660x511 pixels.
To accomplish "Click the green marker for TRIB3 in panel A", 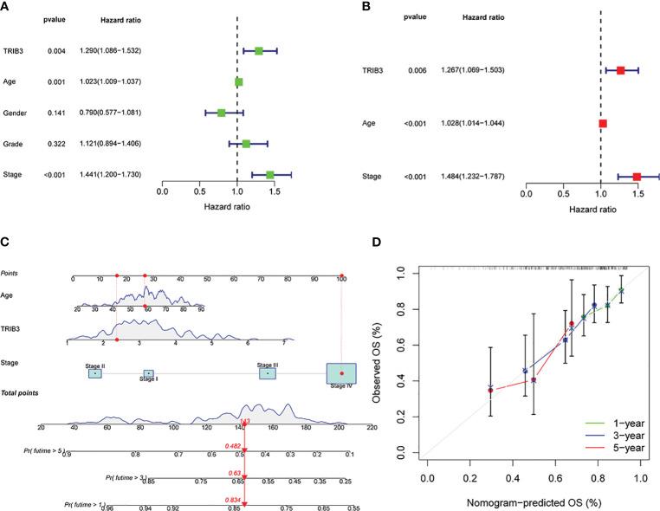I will pos(258,51).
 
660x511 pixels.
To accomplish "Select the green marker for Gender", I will pos(222,113).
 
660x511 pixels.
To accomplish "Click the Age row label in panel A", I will pos(16,82).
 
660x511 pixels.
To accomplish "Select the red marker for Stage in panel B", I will pos(637,177).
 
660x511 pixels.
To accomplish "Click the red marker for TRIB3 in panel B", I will pos(620,69).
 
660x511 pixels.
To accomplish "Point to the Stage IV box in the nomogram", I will pos(340,373).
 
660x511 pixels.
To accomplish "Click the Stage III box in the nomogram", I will pos(268,373).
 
